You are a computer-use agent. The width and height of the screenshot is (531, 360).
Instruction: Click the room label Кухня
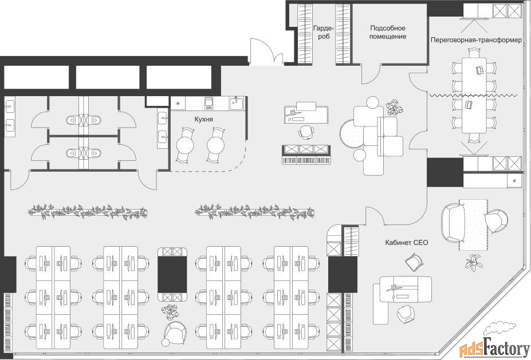click(203, 120)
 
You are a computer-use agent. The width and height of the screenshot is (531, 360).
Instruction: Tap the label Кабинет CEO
click(406, 243)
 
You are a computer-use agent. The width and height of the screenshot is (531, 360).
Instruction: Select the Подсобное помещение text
click(388, 32)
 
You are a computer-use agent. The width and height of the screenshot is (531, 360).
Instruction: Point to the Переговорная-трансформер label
click(476, 40)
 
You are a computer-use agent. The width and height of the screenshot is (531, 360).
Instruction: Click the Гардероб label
click(324, 32)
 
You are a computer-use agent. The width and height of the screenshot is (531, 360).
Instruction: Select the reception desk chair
click(306, 131)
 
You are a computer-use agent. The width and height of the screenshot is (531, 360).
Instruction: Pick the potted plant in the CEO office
click(474, 262)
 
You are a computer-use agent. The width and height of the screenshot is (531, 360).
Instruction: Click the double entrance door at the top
click(266, 53)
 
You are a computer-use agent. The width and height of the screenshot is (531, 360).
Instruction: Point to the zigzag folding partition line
click(474, 96)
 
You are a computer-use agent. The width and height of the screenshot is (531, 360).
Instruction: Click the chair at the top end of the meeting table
click(474, 53)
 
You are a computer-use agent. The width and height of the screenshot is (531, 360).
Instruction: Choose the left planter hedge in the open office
click(88, 212)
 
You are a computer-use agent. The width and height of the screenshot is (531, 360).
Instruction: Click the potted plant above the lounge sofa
click(395, 106)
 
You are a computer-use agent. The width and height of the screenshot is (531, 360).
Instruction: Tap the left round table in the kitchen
click(185, 145)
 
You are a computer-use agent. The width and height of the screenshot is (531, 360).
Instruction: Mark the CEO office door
click(375, 216)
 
